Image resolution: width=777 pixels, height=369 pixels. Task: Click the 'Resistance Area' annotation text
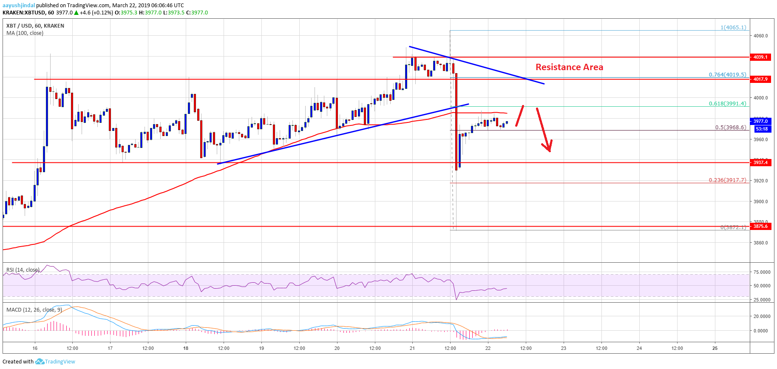click(569, 67)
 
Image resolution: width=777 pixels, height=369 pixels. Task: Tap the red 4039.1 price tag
click(760, 57)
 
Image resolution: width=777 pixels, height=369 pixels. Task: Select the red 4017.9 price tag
click(760, 79)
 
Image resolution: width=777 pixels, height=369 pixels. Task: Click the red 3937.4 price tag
click(760, 162)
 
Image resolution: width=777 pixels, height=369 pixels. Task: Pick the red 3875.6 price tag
click(760, 226)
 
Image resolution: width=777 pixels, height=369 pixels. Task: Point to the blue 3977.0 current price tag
click(760, 121)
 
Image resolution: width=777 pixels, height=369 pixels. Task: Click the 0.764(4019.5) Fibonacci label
click(727, 75)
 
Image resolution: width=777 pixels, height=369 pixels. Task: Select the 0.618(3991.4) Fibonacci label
click(727, 104)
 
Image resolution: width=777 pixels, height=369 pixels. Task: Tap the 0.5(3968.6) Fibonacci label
click(731, 128)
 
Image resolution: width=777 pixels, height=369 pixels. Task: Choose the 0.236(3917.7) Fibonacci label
click(727, 180)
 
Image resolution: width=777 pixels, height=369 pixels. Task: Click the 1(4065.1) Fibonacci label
click(733, 28)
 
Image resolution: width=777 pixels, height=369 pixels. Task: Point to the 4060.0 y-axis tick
click(760, 36)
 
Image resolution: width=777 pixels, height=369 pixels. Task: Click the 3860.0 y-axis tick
click(760, 243)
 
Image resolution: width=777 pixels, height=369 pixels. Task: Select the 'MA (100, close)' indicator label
click(25, 33)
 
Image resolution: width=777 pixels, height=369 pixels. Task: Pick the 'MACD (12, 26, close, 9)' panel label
click(34, 309)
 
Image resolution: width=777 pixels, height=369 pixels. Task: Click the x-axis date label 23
click(564, 348)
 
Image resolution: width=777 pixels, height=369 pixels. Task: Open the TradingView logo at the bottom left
click(55, 362)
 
